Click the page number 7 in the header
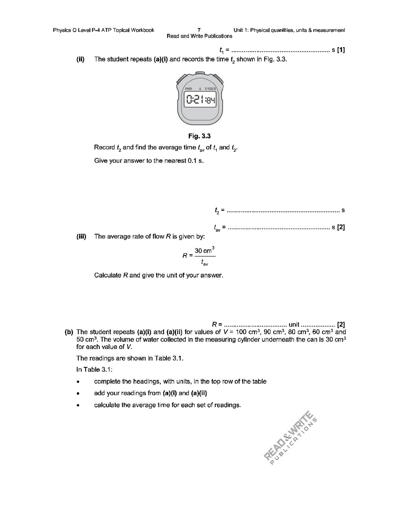pyautogui.click(x=199, y=30)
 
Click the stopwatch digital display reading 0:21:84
pyautogui.click(x=200, y=100)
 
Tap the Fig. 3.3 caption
pyautogui.click(x=199, y=136)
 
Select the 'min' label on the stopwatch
pyautogui.click(x=188, y=89)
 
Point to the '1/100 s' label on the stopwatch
pyautogui.click(x=211, y=89)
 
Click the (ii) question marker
pyautogui.click(x=81, y=59)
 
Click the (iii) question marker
pyautogui.click(x=81, y=236)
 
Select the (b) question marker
pyautogui.click(x=69, y=332)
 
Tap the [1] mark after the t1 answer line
pyautogui.click(x=341, y=50)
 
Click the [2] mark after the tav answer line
pyautogui.click(x=341, y=227)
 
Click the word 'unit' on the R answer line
pyautogui.click(x=294, y=324)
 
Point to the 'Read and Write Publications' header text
pyautogui.click(x=199, y=36)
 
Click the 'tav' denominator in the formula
pyautogui.click(x=205, y=263)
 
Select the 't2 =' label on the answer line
pyautogui.click(x=219, y=210)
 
